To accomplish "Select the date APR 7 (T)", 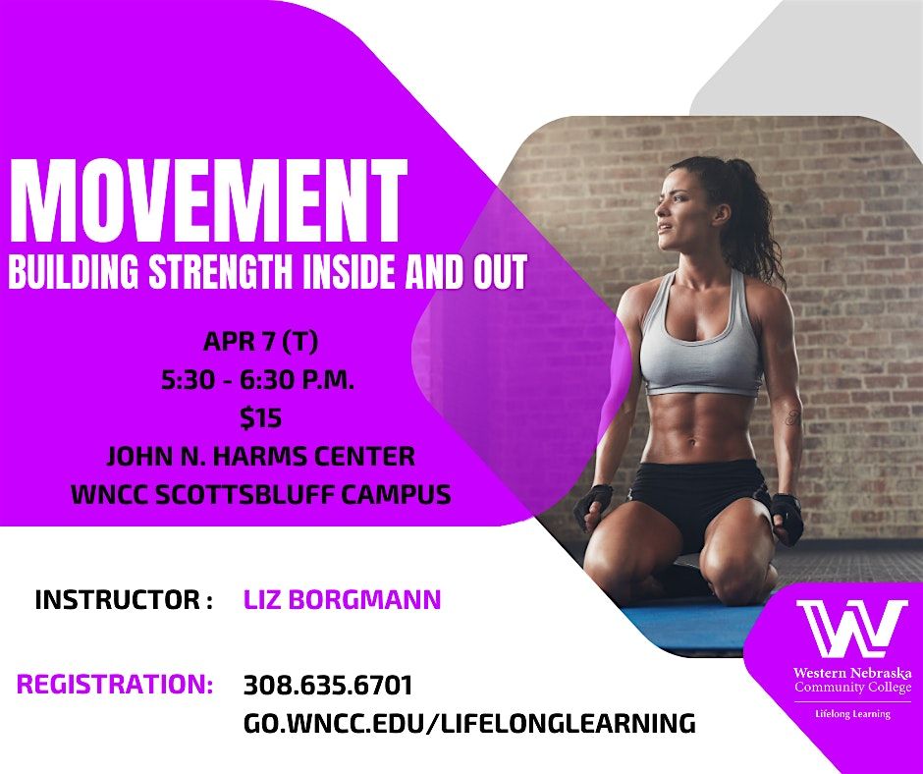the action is click(261, 342).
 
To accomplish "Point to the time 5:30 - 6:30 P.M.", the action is click(258, 380).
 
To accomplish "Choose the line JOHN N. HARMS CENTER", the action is click(261, 457).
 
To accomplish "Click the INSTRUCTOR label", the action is click(123, 599).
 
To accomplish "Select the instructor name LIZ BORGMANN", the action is click(342, 599).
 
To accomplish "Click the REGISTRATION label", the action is click(115, 685).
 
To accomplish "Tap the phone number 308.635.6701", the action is click(328, 685).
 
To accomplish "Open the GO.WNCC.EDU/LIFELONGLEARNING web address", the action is click(469, 723).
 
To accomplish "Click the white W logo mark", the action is click(852, 629).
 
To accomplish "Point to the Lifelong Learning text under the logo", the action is click(852, 714).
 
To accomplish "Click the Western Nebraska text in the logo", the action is click(852, 673).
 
